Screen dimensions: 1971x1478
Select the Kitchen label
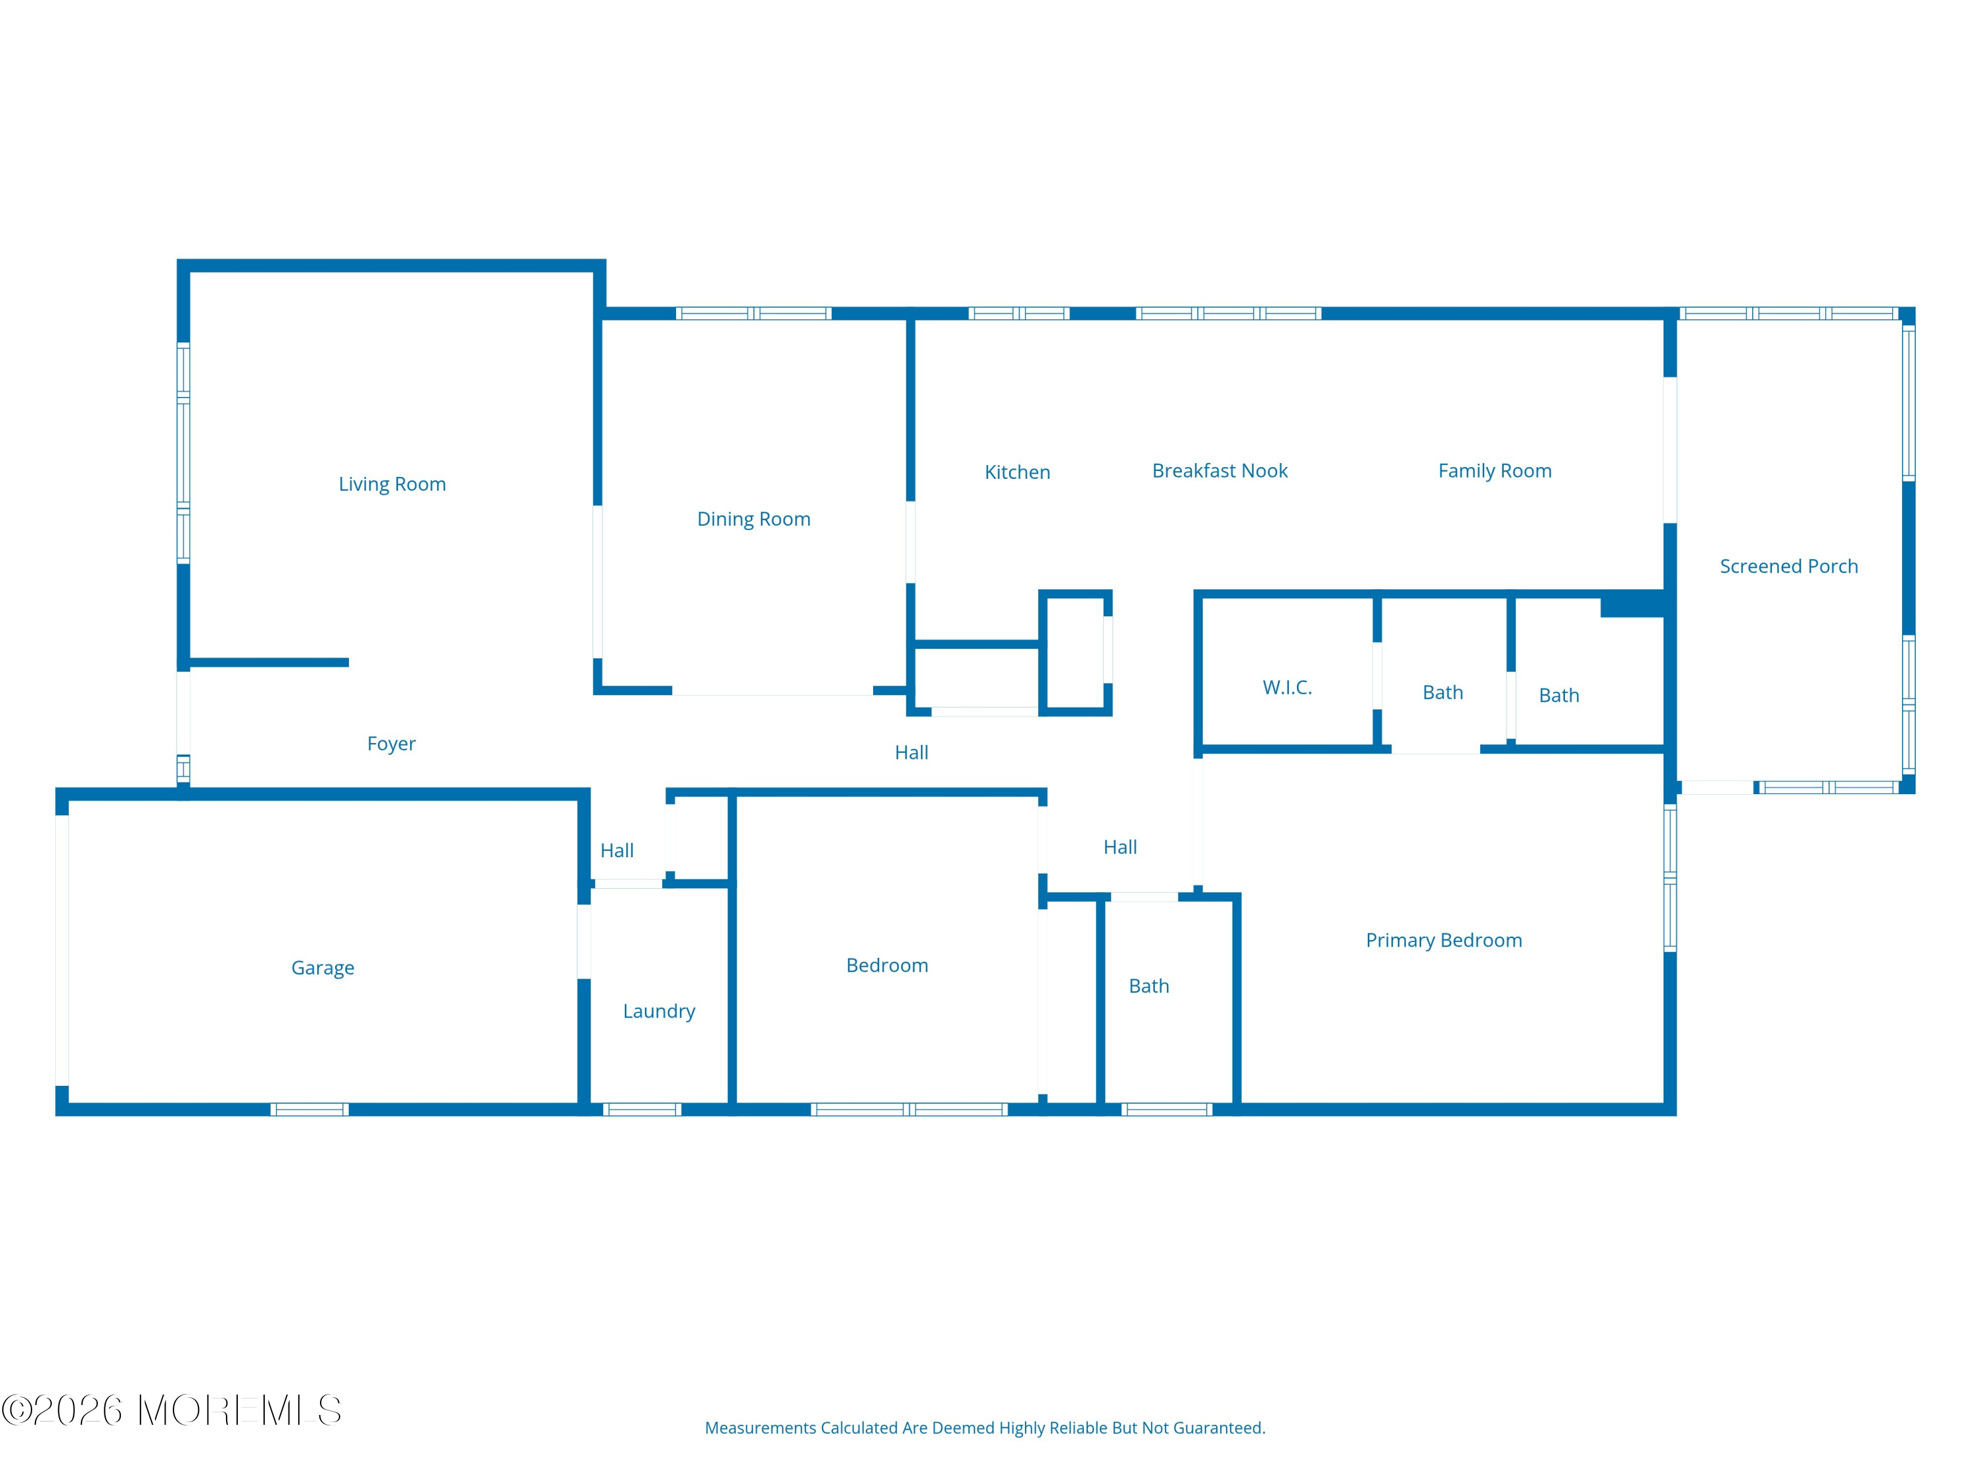(1018, 472)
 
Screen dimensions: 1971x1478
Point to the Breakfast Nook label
(1220, 470)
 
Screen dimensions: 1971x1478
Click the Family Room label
(1495, 470)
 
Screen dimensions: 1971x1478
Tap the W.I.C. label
(1288, 687)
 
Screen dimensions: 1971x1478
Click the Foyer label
(391, 744)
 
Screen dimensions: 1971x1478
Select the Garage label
(323, 968)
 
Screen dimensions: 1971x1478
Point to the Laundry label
(660, 1011)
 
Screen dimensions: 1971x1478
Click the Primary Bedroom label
(1444, 940)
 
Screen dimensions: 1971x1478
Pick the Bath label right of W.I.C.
(1443, 692)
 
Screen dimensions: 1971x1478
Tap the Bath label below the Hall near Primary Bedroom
(1148, 985)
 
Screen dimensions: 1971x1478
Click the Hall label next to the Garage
(617, 850)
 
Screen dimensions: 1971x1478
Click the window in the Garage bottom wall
(309, 1109)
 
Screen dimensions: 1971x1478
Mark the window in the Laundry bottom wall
(641, 1109)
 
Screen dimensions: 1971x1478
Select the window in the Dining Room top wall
(754, 313)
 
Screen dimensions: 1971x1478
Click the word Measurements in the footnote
(760, 1428)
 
